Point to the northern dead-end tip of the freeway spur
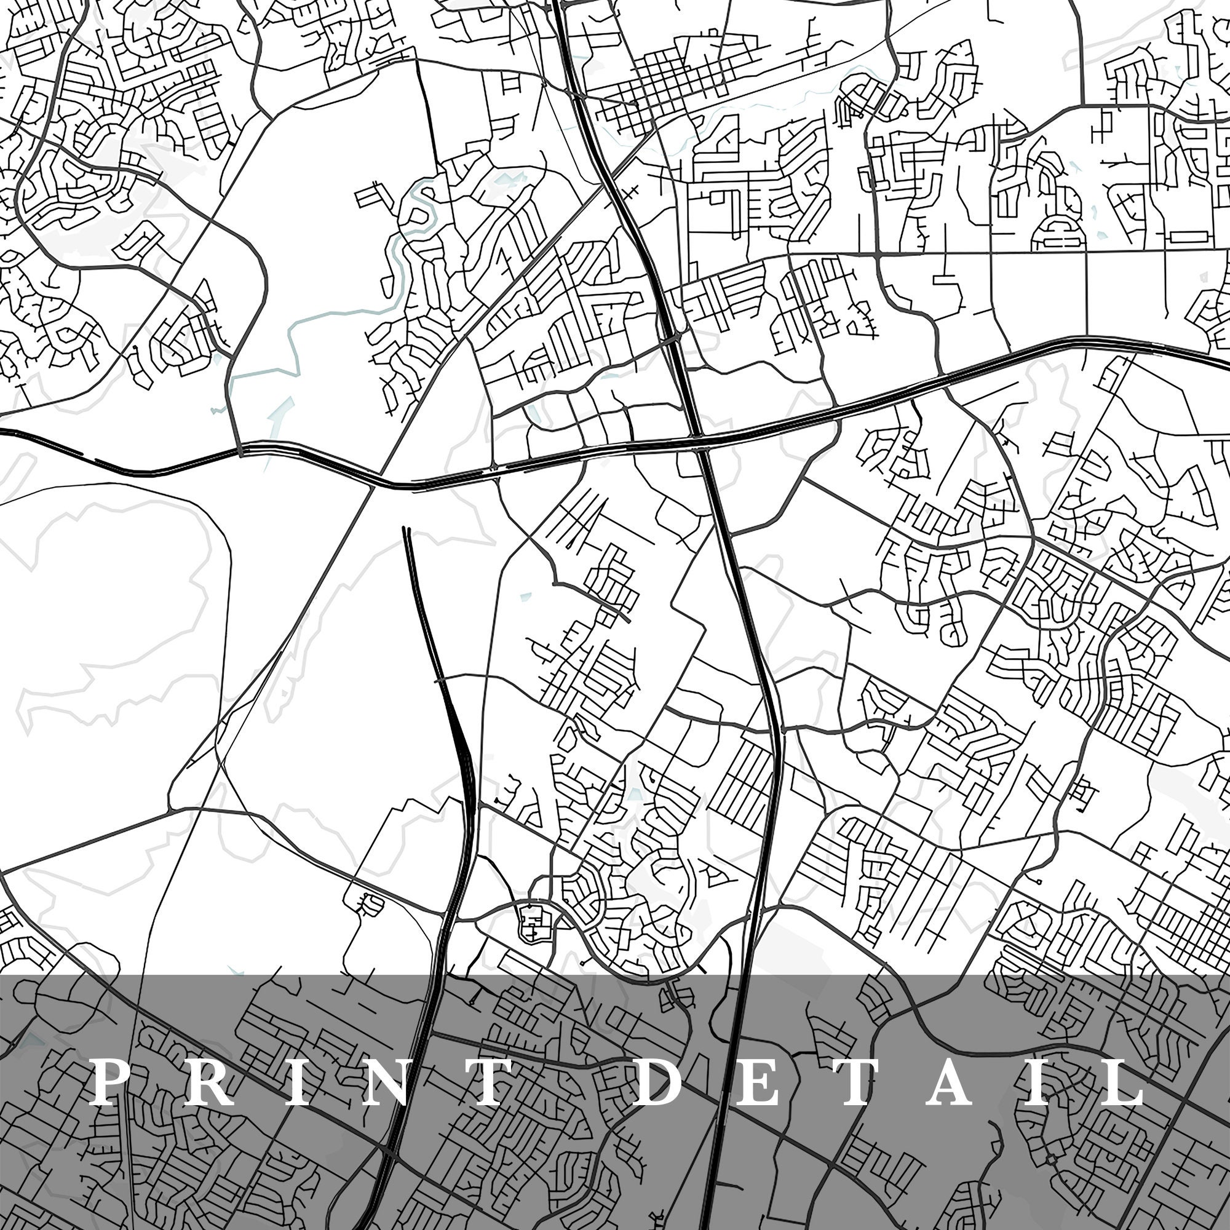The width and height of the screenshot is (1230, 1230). pos(405,528)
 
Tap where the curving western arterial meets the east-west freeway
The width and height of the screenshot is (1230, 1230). pos(240,451)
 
